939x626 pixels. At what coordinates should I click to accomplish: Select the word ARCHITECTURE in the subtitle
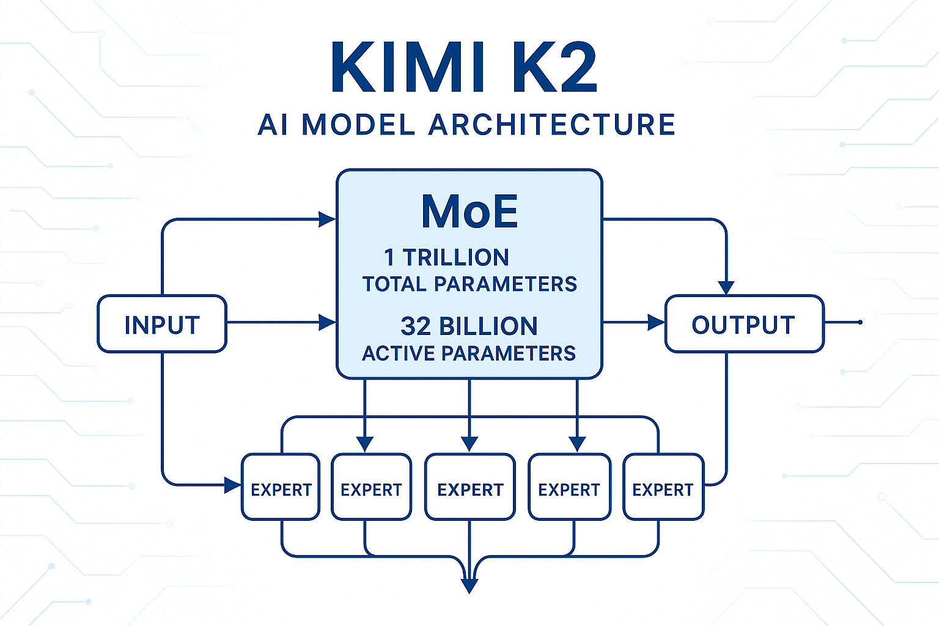coord(551,125)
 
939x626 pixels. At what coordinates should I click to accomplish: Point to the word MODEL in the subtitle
coord(359,125)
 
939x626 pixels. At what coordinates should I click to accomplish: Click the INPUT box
coord(162,324)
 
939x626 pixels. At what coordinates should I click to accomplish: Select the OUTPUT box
coord(744,324)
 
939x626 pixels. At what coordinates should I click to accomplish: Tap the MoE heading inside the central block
coord(469,212)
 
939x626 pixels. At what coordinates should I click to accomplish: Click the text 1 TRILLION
coord(446,257)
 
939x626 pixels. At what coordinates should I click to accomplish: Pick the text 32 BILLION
coord(469,326)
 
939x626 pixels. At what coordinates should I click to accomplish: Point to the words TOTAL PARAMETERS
coord(469,284)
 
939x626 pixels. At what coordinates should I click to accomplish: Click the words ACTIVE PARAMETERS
coord(469,353)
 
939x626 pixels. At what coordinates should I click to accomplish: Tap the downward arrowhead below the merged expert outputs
coord(469,586)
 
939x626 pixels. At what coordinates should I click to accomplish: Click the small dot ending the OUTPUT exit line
coord(860,322)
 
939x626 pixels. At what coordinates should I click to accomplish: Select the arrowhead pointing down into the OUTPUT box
coord(726,287)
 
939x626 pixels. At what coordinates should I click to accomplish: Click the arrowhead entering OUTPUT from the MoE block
coord(657,322)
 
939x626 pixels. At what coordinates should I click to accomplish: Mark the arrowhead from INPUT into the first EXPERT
coord(233,485)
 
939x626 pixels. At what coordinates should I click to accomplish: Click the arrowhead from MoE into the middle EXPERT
coord(469,444)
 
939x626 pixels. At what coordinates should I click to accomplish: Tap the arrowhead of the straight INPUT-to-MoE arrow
coord(328,322)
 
